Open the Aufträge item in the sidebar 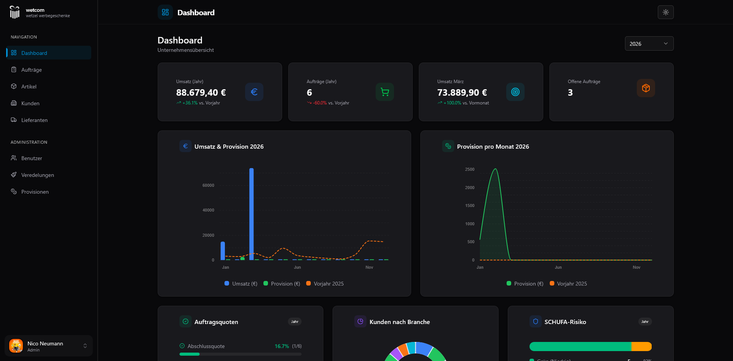[x=31, y=70]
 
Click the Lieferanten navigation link [x=34, y=120]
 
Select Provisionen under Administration [x=35, y=192]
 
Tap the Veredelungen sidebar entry [x=37, y=175]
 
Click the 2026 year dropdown [x=649, y=43]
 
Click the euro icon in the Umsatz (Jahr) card [x=254, y=92]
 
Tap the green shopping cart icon [x=384, y=92]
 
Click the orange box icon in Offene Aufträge [x=646, y=88]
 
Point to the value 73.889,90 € [x=462, y=93]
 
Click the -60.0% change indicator [x=320, y=103]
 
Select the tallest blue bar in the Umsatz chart [x=252, y=213]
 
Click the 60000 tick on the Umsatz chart [x=208, y=185]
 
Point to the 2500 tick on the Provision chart [x=470, y=169]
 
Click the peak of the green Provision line [x=495, y=169]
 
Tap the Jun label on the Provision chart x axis [x=558, y=267]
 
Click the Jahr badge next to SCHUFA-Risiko [x=645, y=322]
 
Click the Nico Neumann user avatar [x=16, y=346]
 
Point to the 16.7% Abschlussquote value [x=282, y=346]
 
